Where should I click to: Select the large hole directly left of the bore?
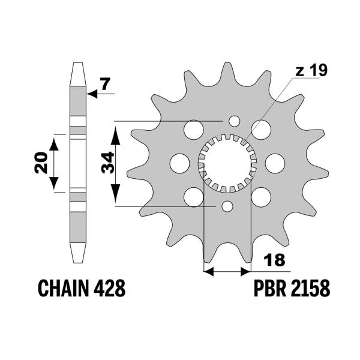click(x=178, y=162)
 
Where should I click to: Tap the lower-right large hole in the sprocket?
click(x=263, y=196)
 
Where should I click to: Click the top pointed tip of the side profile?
click(x=76, y=64)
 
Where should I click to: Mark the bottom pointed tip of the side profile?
click(x=76, y=262)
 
